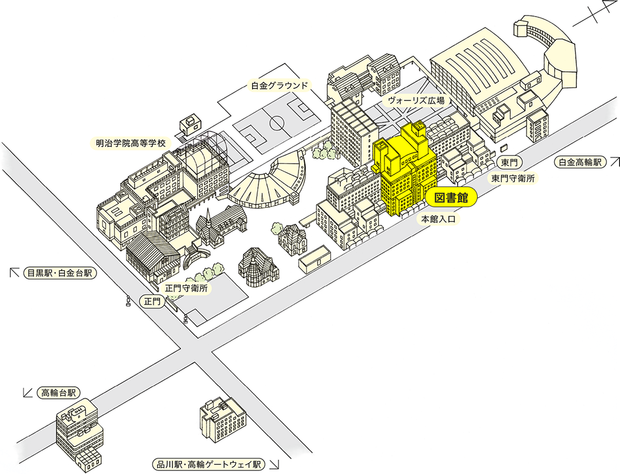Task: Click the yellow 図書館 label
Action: pos(451,198)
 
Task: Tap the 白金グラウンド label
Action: pos(279,86)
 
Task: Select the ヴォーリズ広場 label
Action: pos(416,100)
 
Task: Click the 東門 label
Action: pos(509,162)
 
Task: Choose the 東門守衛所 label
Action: pos(513,178)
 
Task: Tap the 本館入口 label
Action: pos(438,219)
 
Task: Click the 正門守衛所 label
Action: pos(186,288)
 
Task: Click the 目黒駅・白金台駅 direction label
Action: pos(60,273)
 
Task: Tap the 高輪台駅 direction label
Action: pos(59,393)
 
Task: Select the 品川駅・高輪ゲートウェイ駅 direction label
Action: pos(209,464)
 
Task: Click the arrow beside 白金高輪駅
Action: pos(615,162)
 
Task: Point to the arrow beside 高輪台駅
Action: pos(28,393)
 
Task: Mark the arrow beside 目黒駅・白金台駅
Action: pos(14,273)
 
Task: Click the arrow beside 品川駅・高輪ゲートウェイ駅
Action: pos(274,464)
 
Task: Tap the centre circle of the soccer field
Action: pos(277,123)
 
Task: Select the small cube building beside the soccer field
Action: pos(190,123)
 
